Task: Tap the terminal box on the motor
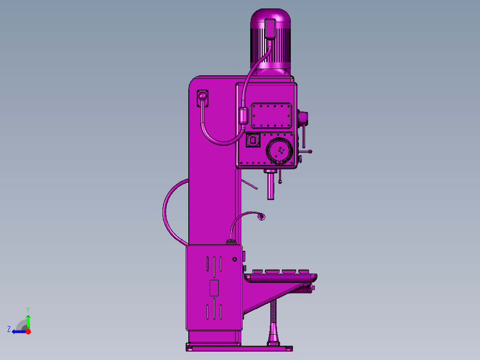pyautogui.click(x=270, y=29)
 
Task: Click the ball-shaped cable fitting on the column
pyautogui.click(x=202, y=97)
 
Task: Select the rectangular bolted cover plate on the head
pyautogui.click(x=271, y=116)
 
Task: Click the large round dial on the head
pyautogui.click(x=279, y=151)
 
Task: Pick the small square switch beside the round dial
pyautogui.click(x=253, y=140)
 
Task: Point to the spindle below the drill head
pyautogui.click(x=271, y=186)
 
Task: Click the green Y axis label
pyautogui.click(x=28, y=310)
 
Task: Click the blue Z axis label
pyautogui.click(x=9, y=329)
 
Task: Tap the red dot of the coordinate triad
pyautogui.click(x=28, y=331)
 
